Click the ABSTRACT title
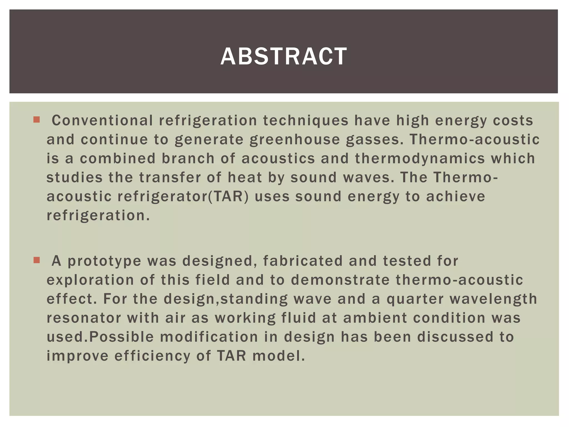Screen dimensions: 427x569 pyautogui.click(x=284, y=56)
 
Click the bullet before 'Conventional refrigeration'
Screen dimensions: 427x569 pyautogui.click(x=36, y=120)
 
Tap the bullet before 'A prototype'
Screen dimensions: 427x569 pyautogui.click(x=36, y=260)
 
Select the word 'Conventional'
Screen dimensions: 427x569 pyautogui.click(x=102, y=121)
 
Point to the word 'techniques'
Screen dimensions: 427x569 pyautogui.click(x=306, y=121)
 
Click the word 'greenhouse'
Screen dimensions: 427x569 pyautogui.click(x=295, y=140)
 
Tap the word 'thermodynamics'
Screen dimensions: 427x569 pyautogui.click(x=420, y=158)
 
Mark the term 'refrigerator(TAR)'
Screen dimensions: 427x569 pyautogui.click(x=183, y=197)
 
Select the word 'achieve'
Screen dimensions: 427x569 pyautogui.click(x=456, y=197)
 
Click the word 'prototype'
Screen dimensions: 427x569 pyautogui.click(x=104, y=261)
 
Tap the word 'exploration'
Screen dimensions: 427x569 pyautogui.click(x=90, y=280)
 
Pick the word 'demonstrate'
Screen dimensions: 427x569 pyautogui.click(x=340, y=280)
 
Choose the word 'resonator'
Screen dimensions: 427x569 pyautogui.click(x=84, y=318)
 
